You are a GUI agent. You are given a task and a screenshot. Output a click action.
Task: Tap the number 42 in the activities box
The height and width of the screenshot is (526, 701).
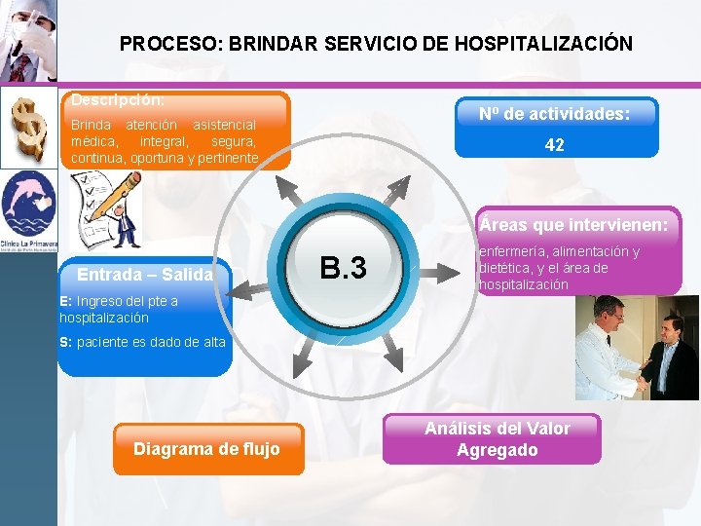[x=554, y=144]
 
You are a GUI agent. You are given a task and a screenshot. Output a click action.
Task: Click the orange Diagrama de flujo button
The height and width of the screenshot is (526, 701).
[x=206, y=449]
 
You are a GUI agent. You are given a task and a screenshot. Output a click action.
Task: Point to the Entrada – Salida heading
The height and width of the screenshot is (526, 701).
[x=145, y=275]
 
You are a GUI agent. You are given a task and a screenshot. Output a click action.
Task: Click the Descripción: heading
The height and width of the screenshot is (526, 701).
[x=118, y=99]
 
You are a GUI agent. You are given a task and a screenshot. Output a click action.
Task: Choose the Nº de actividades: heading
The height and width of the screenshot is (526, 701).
[x=554, y=114]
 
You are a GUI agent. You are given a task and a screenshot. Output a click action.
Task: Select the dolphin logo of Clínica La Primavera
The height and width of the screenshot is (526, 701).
[x=28, y=205]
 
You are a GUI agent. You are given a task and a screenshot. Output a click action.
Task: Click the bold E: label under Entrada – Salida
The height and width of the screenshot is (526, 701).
[x=65, y=301]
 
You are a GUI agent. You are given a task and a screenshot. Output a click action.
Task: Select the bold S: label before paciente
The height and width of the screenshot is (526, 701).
[x=65, y=342]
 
